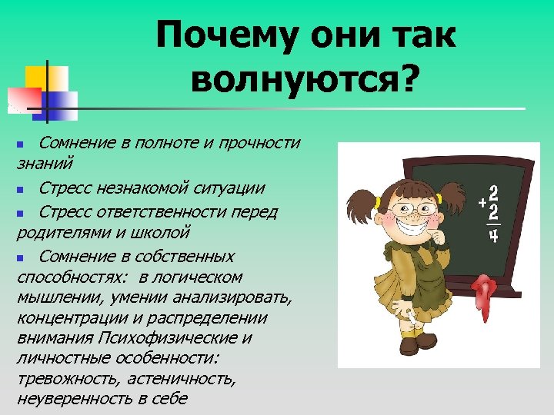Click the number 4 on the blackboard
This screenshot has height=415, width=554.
click(x=494, y=236)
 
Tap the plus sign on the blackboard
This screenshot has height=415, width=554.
click(x=481, y=202)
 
